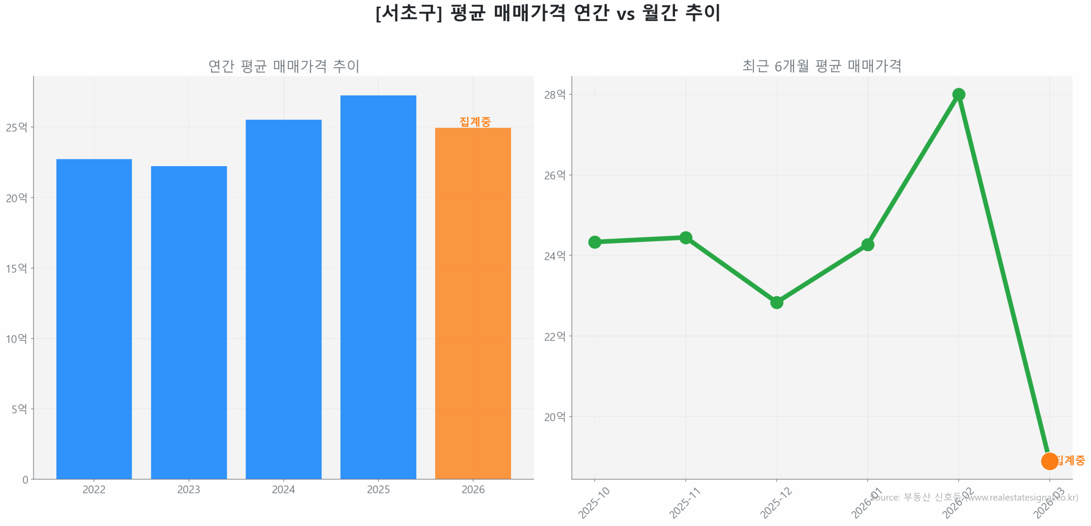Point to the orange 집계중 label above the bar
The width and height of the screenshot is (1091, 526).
pyautogui.click(x=475, y=122)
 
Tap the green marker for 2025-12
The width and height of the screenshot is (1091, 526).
pyautogui.click(x=776, y=302)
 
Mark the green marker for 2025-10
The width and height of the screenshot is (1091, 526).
pyautogui.click(x=594, y=242)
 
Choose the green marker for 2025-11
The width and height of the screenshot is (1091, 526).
pyautogui.click(x=685, y=238)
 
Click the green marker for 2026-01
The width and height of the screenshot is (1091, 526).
pyautogui.click(x=867, y=244)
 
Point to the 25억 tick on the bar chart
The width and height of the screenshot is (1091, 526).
pyautogui.click(x=16, y=127)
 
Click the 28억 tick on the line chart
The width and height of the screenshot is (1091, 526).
pyautogui.click(x=554, y=95)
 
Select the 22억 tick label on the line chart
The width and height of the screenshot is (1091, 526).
pyautogui.click(x=554, y=336)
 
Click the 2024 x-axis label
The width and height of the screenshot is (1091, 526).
pyautogui.click(x=283, y=489)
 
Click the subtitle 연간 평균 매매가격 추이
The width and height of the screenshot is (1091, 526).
pyautogui.click(x=283, y=66)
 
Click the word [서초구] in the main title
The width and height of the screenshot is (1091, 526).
pyautogui.click(x=408, y=13)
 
